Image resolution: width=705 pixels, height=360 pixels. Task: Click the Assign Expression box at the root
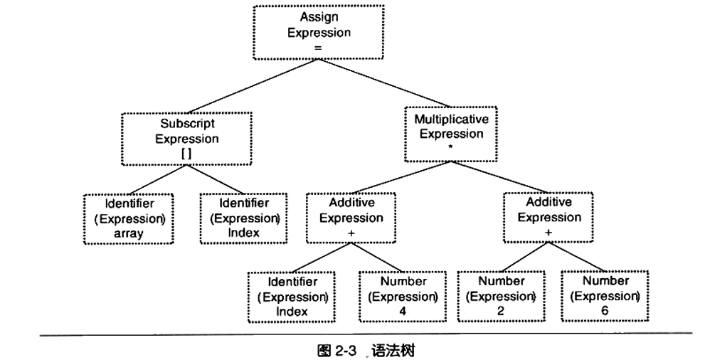pos(318,32)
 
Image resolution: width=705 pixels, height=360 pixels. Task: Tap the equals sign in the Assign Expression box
pos(318,47)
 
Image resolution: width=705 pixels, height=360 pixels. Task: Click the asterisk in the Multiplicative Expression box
pos(451,148)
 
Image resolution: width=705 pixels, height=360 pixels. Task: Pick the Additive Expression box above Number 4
pos(351,218)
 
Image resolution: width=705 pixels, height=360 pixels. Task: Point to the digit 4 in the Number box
pos(403,312)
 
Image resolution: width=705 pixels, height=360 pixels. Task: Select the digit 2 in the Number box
pos(501,311)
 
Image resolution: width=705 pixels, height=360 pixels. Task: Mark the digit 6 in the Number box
pos(605,311)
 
